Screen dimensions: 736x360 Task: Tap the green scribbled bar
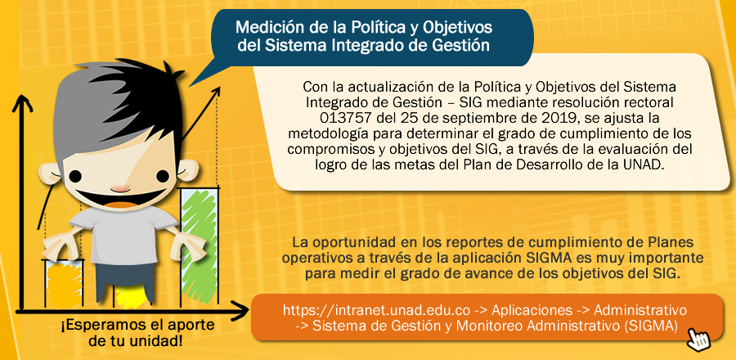(x=200, y=247)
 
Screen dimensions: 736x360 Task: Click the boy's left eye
(x=75, y=176)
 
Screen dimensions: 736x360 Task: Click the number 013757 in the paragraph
(x=343, y=116)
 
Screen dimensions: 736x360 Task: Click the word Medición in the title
(x=268, y=27)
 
